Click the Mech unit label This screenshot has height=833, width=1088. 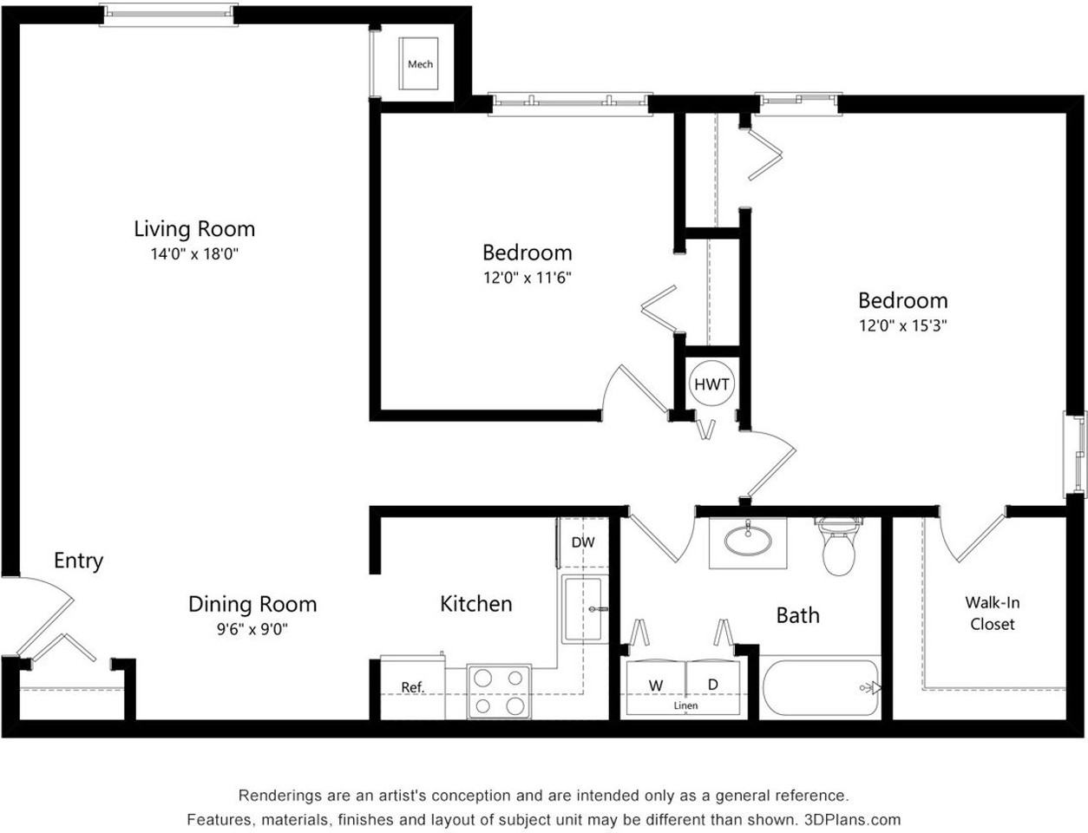420,64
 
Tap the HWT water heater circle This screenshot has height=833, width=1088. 711,384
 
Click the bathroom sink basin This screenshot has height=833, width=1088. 747,541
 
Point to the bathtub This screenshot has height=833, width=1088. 820,688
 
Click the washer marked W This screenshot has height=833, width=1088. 656,685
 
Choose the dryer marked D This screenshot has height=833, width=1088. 712,685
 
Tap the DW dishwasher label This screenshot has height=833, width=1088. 583,542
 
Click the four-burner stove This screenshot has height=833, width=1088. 500,691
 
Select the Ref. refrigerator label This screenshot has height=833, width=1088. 412,687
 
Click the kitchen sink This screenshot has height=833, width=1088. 584,609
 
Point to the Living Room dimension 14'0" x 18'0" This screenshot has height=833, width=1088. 194,254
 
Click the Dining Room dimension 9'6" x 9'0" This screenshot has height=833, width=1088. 252,629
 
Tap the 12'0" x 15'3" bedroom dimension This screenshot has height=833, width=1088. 902,326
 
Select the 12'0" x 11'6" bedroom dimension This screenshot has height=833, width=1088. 527,279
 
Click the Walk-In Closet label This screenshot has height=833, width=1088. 992,613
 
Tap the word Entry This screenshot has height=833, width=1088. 78,561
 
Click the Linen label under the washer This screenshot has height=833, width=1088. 685,706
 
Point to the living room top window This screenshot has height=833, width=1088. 168,14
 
